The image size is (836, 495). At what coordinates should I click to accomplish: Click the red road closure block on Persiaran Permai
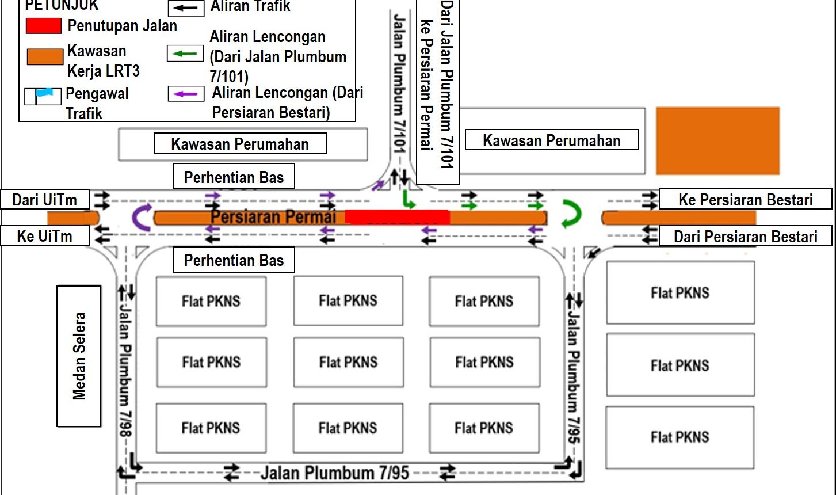point(397,217)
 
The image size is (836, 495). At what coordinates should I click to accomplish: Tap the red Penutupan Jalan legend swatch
point(43,25)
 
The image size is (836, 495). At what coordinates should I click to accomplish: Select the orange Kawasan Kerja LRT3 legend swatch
point(45,56)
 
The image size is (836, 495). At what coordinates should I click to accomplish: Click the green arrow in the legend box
point(185,54)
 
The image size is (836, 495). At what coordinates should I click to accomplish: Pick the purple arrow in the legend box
point(185,93)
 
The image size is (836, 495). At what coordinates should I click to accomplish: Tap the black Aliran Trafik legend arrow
point(186,8)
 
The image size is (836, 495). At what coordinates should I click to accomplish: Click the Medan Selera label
point(79,356)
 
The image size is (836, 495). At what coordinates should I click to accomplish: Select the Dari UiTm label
point(45,200)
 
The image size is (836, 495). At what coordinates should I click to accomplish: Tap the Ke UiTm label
point(45,236)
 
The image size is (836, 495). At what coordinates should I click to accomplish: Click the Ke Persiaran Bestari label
point(745,200)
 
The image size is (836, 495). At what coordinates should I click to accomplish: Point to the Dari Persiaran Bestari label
point(745,237)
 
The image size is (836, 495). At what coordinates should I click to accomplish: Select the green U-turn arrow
point(571,214)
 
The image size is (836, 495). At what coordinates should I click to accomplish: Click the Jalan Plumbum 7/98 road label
point(125,368)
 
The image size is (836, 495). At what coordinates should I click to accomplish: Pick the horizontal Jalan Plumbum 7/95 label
point(334,473)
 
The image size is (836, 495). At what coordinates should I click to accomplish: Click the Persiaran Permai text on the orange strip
point(273,217)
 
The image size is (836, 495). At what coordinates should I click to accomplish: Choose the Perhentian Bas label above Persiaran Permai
point(234,177)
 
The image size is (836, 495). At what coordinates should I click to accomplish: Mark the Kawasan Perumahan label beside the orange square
point(551,140)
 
